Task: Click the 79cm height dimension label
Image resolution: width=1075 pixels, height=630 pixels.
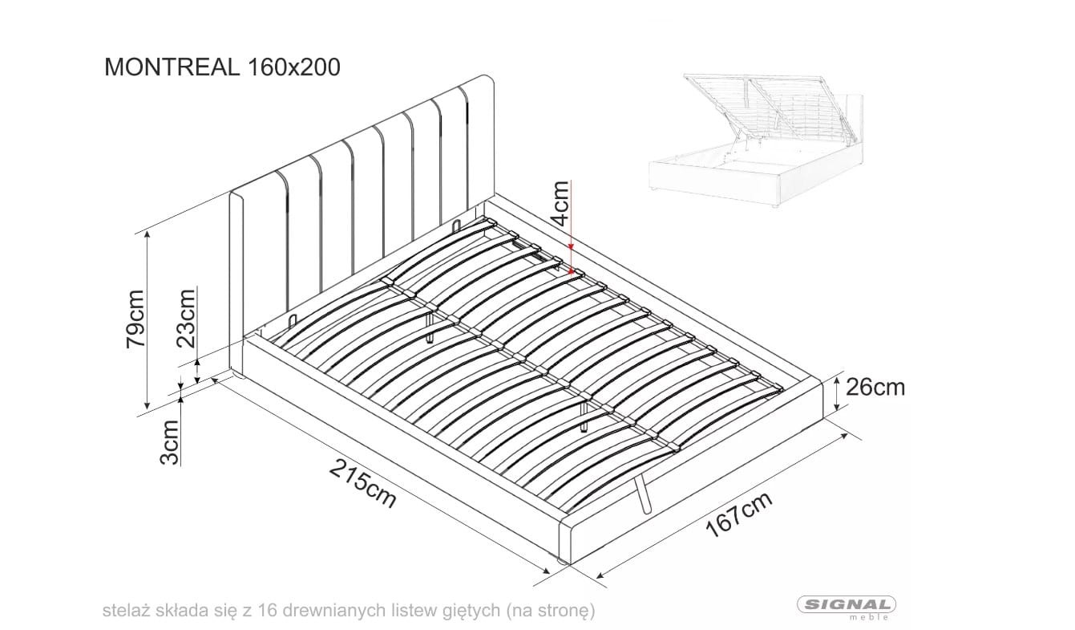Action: coord(135,319)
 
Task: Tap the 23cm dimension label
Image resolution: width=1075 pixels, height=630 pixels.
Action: coord(186,318)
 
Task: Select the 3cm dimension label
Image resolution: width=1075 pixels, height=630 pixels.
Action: coord(169,442)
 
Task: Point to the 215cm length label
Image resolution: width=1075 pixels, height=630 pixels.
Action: coord(363,483)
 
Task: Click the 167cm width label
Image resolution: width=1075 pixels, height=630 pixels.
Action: coord(740,514)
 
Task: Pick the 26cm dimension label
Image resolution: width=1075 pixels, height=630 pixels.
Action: coord(875,388)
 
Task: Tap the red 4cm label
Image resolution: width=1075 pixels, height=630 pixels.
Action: coord(560,203)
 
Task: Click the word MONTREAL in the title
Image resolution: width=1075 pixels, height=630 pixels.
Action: coord(172,67)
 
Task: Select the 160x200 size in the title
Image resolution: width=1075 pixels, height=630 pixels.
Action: coord(293,67)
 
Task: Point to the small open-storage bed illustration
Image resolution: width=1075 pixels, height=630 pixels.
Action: coord(756,140)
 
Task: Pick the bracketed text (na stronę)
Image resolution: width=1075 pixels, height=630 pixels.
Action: coord(550,611)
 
